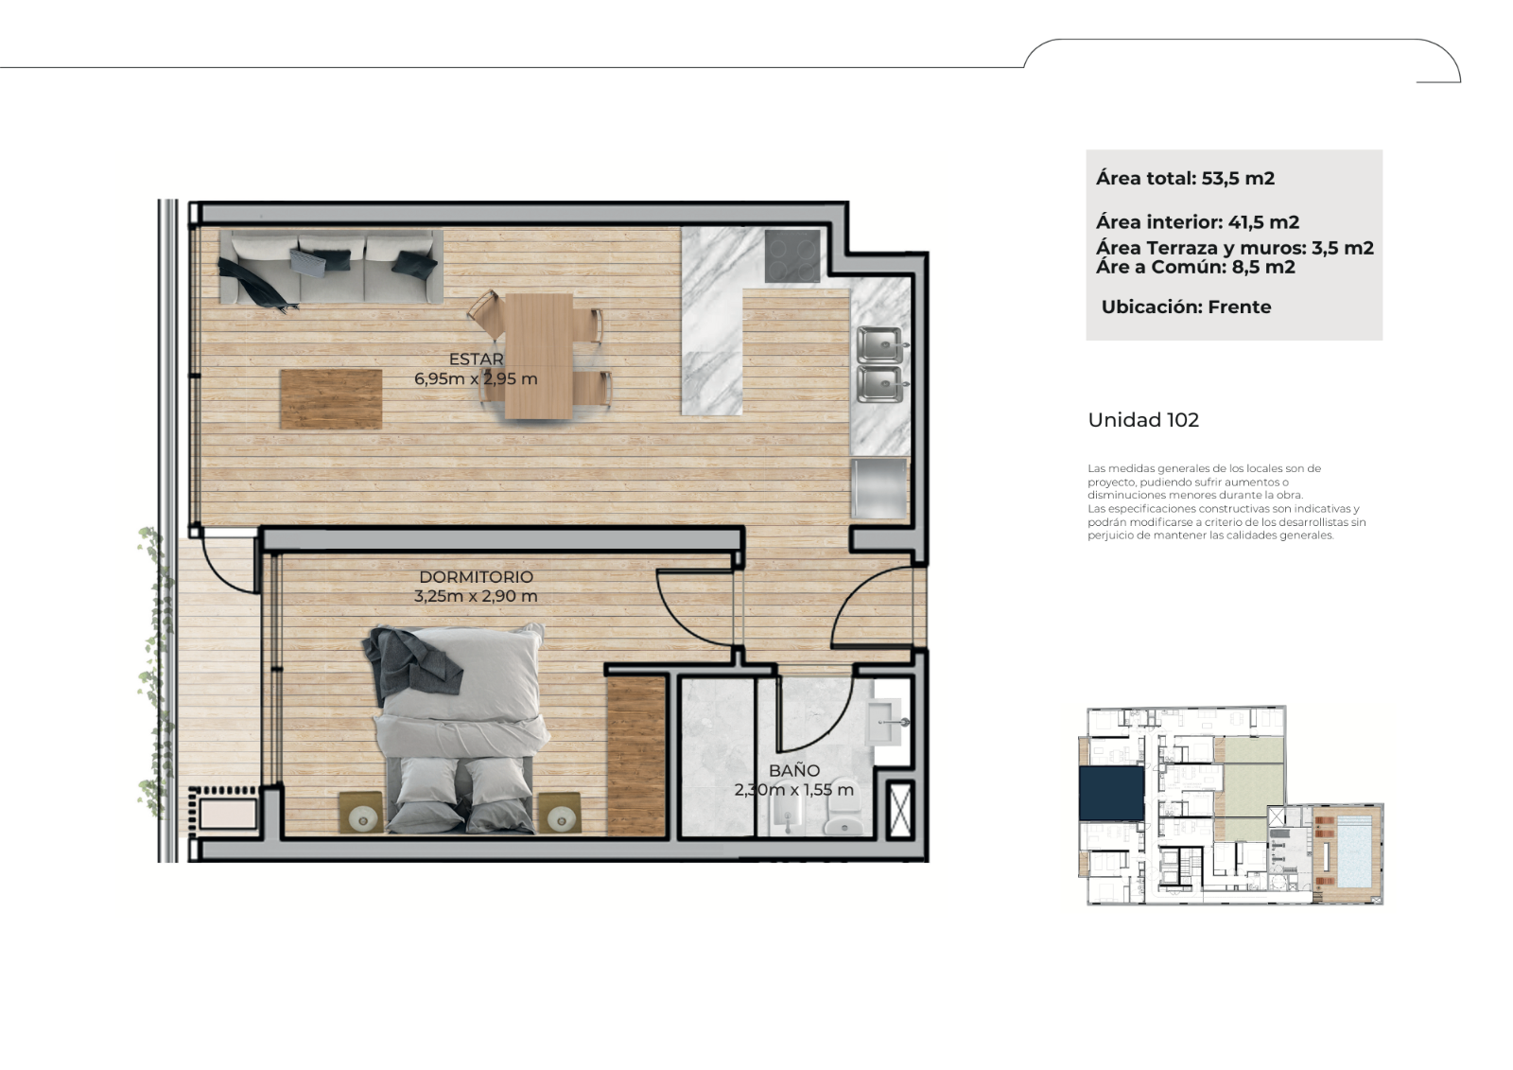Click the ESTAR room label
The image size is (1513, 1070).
coord(477,359)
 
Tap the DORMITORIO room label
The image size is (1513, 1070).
coord(477,576)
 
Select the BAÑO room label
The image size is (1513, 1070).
coord(794,770)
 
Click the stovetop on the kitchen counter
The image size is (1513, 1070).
coord(792,256)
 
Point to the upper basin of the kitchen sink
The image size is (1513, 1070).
coord(879,344)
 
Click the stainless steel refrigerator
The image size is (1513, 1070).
coord(878,489)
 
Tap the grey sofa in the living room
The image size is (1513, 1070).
coord(331,268)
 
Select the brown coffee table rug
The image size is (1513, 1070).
coord(331,399)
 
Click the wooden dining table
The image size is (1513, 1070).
coord(539,356)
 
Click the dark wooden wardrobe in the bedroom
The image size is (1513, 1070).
coord(636,756)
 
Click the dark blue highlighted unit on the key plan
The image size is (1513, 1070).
coord(1111,794)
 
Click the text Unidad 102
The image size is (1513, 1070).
coord(1143,420)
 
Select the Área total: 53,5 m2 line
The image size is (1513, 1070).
coord(1186,179)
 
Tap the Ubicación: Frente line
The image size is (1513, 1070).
coord(1186,307)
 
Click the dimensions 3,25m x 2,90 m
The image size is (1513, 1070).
coord(477,596)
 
